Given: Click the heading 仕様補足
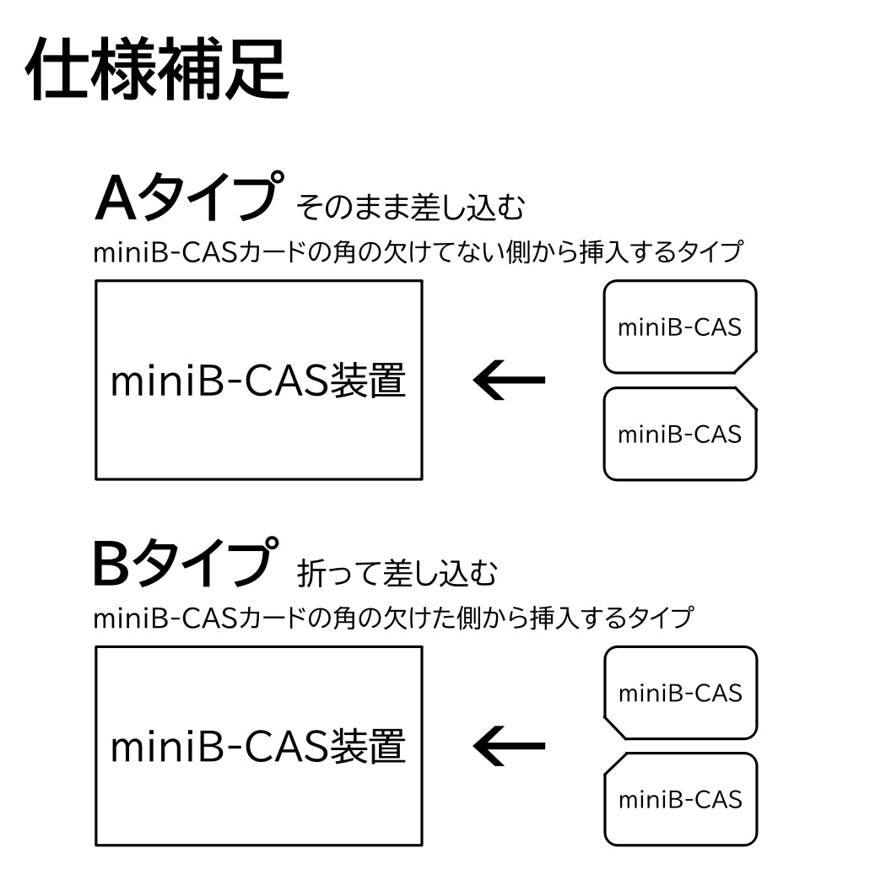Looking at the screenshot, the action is [x=157, y=69].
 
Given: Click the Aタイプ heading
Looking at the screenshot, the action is [x=189, y=196].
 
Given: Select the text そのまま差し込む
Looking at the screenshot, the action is [x=411, y=207].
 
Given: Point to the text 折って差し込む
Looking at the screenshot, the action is [x=397, y=573].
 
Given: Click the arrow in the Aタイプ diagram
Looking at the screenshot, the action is [x=509, y=380].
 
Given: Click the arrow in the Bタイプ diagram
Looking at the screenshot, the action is [x=509, y=746].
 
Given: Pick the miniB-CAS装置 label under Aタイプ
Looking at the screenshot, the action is [x=258, y=381].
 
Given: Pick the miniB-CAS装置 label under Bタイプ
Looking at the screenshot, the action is [x=258, y=747].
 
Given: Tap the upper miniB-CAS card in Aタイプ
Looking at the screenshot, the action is [x=680, y=327].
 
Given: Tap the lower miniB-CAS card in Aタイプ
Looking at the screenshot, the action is [x=680, y=434].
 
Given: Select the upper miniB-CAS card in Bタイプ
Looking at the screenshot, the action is [x=680, y=693].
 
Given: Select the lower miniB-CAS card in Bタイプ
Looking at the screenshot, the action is [x=680, y=800].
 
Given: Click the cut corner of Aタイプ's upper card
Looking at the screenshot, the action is [x=746, y=362].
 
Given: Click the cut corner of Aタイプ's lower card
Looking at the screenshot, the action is [x=746, y=399].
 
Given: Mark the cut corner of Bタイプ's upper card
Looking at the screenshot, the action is [x=615, y=727].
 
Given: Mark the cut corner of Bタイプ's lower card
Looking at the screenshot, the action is [x=615, y=764].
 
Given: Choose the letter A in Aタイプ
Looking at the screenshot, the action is [x=116, y=197].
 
